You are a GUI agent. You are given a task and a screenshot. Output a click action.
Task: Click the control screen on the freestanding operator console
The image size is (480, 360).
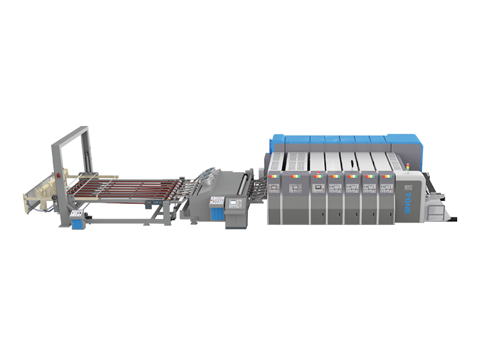click(233, 203)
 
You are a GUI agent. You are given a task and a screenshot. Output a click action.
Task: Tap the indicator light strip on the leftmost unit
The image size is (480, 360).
click(274, 176)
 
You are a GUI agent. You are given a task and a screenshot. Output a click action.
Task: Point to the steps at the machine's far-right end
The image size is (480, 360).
click(437, 210)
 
